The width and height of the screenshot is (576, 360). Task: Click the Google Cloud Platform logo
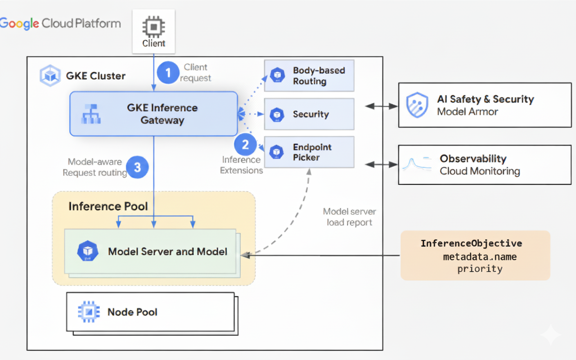(x=60, y=23)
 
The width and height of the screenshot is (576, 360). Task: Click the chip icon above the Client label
(x=153, y=27)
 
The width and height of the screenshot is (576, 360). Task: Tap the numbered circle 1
(x=168, y=72)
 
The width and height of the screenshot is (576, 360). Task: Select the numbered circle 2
(x=245, y=145)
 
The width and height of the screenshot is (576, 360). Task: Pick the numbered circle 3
(x=137, y=167)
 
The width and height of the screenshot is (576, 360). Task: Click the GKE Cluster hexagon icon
(x=50, y=76)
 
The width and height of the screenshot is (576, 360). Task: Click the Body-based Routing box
(x=309, y=76)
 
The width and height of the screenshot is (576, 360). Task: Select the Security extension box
(x=309, y=114)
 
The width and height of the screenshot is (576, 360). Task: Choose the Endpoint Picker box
(x=309, y=153)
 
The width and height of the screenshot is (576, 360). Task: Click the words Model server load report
(x=349, y=217)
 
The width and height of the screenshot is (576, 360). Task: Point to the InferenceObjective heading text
(x=471, y=243)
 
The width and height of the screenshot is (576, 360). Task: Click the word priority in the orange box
(x=480, y=269)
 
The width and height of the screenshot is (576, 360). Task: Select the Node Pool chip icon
(x=89, y=312)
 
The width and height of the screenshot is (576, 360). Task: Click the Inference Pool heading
(x=108, y=207)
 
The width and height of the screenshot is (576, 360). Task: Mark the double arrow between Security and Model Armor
(x=381, y=107)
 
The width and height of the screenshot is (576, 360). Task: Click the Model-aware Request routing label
(x=94, y=167)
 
